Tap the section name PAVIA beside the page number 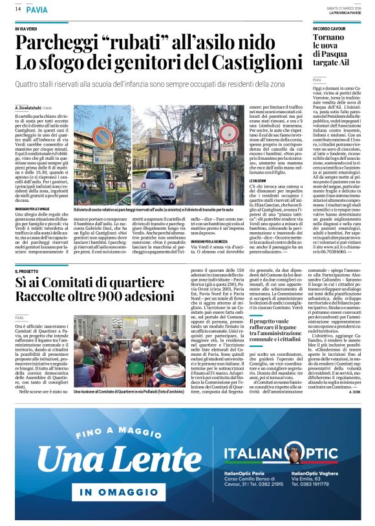[x=37, y=9]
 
